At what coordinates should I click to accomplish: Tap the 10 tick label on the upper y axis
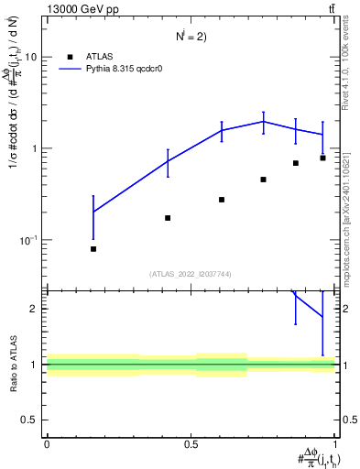click(30, 57)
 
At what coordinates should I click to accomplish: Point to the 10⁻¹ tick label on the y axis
click(27, 240)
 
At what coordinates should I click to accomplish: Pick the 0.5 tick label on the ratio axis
click(31, 420)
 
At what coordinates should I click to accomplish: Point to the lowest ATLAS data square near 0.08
click(93, 249)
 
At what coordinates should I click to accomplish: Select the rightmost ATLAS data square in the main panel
click(322, 158)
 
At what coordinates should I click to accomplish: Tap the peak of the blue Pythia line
click(263, 121)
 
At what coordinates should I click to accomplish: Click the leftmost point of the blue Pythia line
click(93, 212)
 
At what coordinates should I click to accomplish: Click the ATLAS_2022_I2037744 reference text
click(191, 274)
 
